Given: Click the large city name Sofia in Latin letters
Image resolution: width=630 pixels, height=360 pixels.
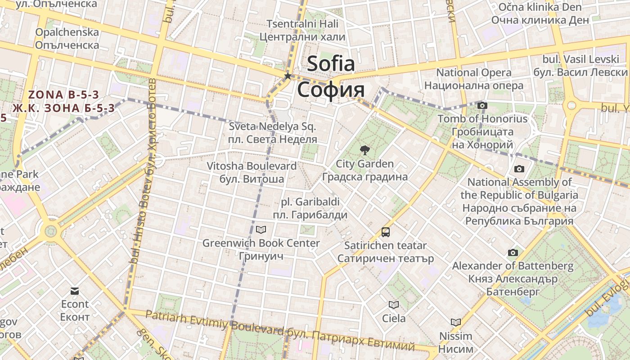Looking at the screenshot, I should tap(331, 64).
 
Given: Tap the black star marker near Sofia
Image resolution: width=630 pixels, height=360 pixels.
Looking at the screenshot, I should tap(288, 76).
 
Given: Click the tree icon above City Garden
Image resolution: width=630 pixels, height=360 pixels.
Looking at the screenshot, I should tap(364, 150).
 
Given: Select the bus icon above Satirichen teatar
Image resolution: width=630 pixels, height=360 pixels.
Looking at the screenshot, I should tap(386, 232).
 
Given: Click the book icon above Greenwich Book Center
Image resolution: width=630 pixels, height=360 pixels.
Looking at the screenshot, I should tap(261, 230).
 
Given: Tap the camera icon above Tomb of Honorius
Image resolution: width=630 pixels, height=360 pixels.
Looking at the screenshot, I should tap(482, 106).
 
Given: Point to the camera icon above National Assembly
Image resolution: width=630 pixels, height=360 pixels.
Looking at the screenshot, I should tap(519, 169).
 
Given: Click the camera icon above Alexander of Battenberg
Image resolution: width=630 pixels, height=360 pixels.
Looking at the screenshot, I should tap(513, 253).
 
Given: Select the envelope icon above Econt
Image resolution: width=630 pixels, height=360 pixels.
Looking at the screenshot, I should tap(75, 291).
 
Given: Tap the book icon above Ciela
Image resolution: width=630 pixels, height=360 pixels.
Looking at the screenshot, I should tap(394, 305).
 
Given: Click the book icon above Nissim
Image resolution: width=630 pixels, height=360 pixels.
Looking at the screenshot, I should tap(456, 322).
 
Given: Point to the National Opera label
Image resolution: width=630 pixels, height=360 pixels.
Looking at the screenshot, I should tap(474, 72).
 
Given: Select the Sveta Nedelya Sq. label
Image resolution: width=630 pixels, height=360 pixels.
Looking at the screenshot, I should tap(273, 126).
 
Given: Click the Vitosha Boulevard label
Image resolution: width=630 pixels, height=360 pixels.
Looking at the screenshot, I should tap(252, 166).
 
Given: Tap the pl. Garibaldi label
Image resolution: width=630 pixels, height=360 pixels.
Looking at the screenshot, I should tap(310, 202).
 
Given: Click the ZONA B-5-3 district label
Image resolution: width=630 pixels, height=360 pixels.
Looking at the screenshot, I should tap(63, 95).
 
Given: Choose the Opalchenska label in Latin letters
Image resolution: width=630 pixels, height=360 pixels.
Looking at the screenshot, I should tap(67, 32).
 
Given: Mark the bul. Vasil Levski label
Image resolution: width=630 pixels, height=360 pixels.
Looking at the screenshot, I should tap(581, 59).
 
